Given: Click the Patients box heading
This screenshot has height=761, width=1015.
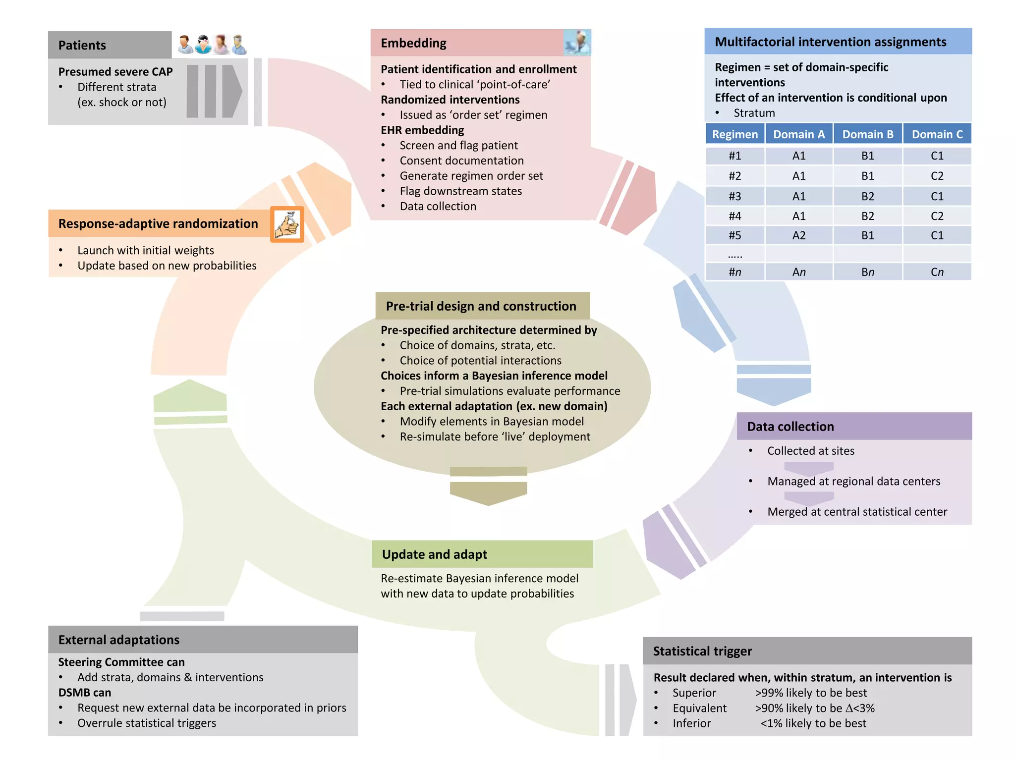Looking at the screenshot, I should (x=82, y=45).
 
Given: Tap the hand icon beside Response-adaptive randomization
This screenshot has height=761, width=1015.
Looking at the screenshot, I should (x=287, y=224).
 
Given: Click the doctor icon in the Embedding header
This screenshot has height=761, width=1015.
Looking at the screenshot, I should (x=577, y=43).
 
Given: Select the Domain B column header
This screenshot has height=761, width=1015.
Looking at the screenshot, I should (x=867, y=134).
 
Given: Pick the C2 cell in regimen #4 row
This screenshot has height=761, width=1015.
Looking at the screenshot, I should (x=937, y=216).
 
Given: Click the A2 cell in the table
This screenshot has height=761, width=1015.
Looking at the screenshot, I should (x=798, y=235).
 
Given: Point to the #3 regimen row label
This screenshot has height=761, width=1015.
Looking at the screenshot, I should (x=734, y=196).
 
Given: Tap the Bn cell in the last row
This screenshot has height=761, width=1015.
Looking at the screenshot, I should (x=867, y=272).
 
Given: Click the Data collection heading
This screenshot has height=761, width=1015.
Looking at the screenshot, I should (x=790, y=427).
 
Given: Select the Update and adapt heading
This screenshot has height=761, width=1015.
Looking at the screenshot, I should (x=434, y=554).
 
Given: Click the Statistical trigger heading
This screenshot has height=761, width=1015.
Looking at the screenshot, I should (x=702, y=651).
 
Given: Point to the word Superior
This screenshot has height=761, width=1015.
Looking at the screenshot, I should (x=694, y=693).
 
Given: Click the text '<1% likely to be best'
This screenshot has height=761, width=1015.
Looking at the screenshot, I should (x=813, y=723).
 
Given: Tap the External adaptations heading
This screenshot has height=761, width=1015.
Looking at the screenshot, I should (x=119, y=640).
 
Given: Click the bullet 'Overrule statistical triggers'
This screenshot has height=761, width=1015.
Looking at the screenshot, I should (x=147, y=723).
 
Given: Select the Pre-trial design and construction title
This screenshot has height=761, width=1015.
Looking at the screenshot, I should (x=481, y=306).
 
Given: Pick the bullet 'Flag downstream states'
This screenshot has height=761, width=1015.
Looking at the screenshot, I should (x=460, y=191).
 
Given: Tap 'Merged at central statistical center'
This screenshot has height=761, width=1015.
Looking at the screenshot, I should (x=857, y=512).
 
